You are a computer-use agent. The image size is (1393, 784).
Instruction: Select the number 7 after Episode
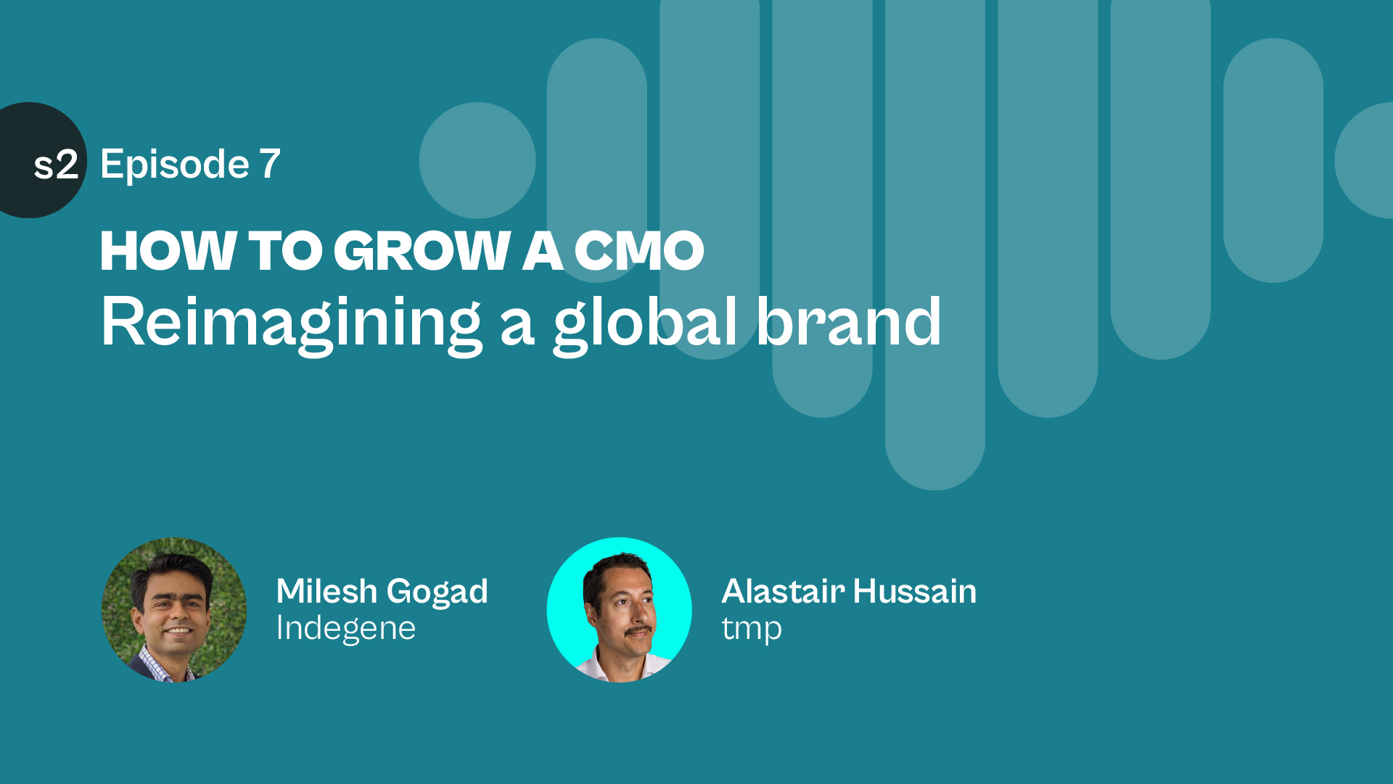pos(270,164)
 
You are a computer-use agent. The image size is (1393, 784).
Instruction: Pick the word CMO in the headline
pos(639,251)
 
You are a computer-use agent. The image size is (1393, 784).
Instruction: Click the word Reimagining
pos(291,324)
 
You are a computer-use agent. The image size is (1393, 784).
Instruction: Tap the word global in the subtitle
pos(646,324)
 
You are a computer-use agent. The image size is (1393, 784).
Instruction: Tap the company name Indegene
pos(346,629)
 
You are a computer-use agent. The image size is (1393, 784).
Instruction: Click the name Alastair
pos(783,591)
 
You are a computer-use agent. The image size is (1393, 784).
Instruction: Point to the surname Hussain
pos(915,591)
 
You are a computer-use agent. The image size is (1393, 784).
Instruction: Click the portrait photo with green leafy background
pos(174,610)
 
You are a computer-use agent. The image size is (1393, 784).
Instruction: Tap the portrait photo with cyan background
pos(619,610)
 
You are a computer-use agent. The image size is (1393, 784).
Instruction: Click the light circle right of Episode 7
pos(477,160)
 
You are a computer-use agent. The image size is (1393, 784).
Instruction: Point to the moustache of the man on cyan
pos(638,631)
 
